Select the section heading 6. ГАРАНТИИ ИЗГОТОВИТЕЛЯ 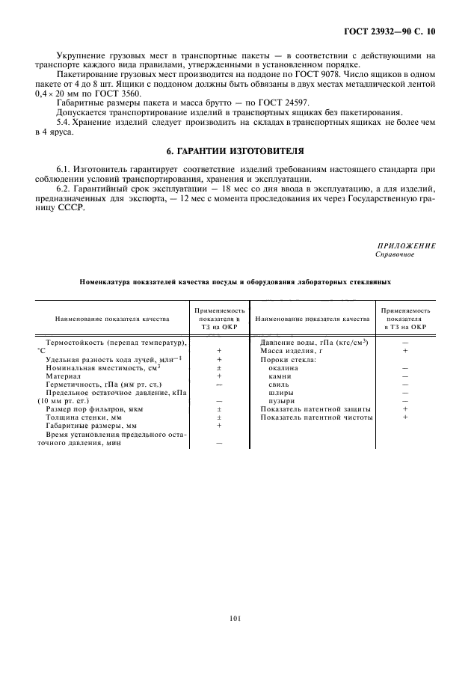click(235, 150)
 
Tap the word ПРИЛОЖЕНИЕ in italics click(407, 245)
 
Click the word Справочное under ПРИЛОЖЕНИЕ click(394, 254)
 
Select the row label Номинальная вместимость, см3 click(103, 367)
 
